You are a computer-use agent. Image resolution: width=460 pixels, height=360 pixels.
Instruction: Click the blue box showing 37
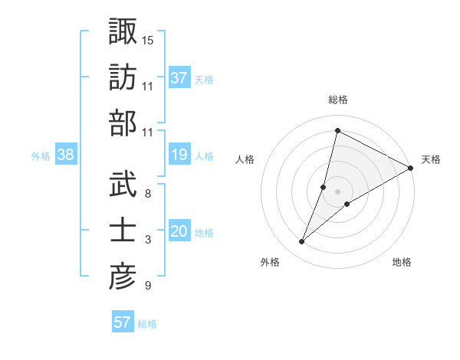click(179, 77)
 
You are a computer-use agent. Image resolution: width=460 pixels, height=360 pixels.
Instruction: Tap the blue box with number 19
click(179, 155)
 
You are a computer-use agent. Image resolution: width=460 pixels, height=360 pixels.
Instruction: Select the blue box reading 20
click(179, 232)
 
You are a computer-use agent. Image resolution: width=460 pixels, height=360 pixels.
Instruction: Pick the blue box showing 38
click(66, 155)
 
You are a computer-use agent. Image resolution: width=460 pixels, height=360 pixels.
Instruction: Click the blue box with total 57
click(123, 322)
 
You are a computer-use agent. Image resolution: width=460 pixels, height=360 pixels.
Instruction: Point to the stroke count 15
click(148, 39)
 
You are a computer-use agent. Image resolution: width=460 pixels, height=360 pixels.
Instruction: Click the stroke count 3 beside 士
click(147, 240)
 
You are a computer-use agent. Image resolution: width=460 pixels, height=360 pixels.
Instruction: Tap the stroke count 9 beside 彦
click(147, 286)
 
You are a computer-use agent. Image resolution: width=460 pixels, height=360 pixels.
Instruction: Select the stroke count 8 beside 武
click(147, 193)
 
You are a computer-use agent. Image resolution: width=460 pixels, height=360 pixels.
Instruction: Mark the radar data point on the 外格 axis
click(302, 242)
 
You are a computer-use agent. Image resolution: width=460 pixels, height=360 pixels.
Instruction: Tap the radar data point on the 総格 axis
click(337, 130)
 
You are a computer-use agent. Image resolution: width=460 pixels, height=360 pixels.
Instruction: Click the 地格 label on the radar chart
click(402, 263)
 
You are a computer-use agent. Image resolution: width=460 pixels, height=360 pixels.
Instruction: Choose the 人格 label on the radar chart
click(245, 159)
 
